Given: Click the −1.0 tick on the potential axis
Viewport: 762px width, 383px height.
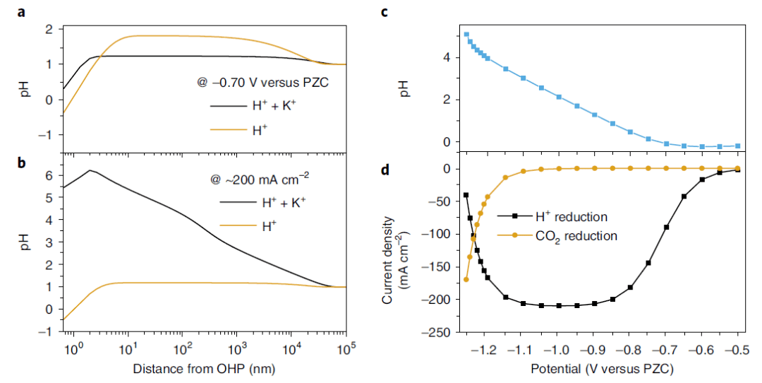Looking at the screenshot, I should click(x=558, y=349).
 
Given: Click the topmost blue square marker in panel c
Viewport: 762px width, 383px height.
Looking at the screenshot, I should click(x=466, y=34).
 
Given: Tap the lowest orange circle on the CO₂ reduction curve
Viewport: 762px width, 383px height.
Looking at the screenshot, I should click(x=466, y=280).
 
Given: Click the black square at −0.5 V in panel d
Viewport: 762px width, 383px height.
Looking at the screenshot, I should click(x=738, y=170).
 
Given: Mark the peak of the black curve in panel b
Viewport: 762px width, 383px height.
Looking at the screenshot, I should click(x=90, y=170).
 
